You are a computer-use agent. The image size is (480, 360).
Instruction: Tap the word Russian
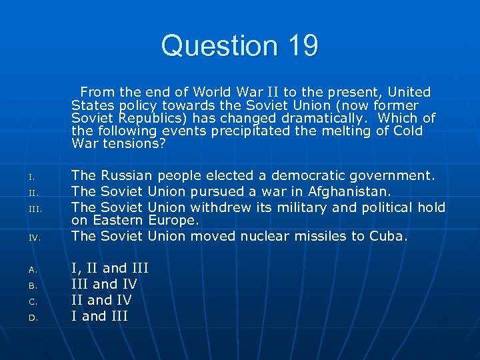tap(126, 175)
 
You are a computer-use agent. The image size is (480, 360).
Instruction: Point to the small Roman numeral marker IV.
tap(34, 237)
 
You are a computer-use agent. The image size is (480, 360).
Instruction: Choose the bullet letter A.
tap(31, 270)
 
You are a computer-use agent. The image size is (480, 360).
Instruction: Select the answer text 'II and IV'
tap(101, 300)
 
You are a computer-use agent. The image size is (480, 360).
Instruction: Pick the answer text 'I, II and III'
tap(109, 268)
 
